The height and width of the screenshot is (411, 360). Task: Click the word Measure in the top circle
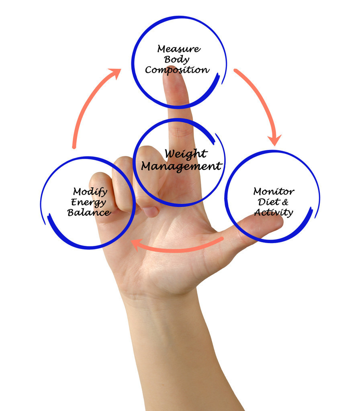click(x=179, y=49)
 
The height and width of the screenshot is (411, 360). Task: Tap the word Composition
click(x=177, y=70)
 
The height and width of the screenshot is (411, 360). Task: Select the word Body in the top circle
click(x=176, y=60)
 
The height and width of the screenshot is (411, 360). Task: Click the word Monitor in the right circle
click(x=274, y=192)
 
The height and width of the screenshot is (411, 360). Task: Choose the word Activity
click(x=274, y=213)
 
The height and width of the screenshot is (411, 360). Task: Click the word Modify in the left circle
click(x=90, y=192)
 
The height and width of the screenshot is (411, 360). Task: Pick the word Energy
click(x=88, y=202)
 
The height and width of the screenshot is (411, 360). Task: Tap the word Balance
click(x=89, y=212)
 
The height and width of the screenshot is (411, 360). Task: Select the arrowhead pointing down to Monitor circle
click(x=274, y=140)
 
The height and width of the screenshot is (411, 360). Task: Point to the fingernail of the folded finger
click(x=151, y=212)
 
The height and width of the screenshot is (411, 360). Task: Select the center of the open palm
click(x=168, y=252)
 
